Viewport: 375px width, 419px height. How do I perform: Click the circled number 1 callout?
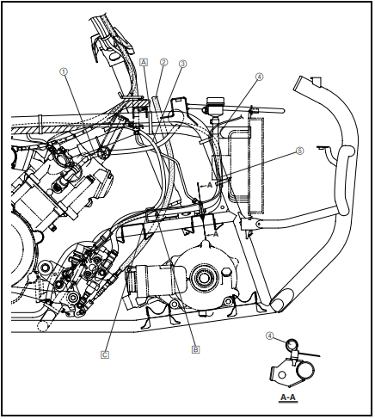coord(64,72)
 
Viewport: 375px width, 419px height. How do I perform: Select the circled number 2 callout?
coord(163,63)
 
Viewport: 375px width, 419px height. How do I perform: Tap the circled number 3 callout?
coord(182,64)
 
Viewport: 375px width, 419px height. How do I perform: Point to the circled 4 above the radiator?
coord(259,77)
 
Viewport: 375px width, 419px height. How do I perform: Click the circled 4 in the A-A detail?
coord(269,336)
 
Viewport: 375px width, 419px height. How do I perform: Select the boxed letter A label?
coord(144,63)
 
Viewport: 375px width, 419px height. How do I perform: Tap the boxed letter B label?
coord(196,349)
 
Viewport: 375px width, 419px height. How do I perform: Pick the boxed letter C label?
coord(105,354)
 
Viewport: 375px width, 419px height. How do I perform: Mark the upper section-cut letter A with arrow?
coord(209,184)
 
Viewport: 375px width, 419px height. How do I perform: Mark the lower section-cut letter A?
coord(215,233)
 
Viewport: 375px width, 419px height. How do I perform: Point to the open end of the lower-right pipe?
coord(279,303)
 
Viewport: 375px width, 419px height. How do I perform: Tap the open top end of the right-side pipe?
coord(303,83)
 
